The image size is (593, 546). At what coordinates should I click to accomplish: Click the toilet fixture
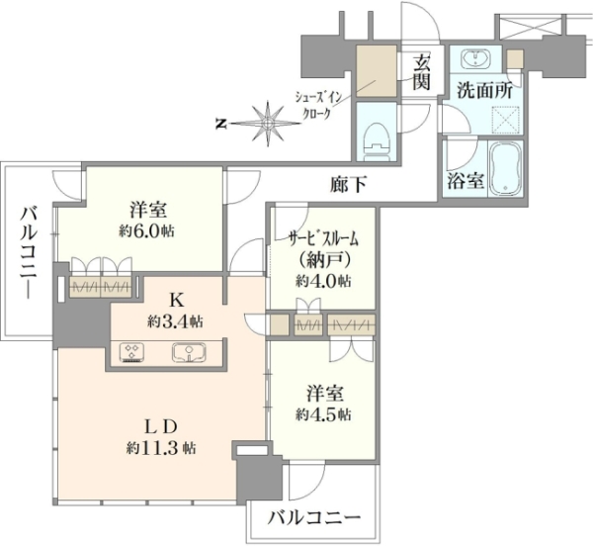pos(376,141)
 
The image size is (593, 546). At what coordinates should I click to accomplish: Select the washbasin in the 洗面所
pos(475,59)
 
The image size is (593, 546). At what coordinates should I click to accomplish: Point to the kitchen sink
pos(189,352)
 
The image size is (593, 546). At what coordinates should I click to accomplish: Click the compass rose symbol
pos(268,124)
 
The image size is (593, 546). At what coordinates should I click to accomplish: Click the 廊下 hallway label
pos(348,184)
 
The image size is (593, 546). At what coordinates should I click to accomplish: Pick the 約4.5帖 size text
pos(324,414)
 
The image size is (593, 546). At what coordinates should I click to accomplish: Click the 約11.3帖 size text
pos(161,448)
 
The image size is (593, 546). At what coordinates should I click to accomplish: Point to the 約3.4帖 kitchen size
pos(175,321)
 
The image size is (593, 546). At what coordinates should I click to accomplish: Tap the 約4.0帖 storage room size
pos(324,281)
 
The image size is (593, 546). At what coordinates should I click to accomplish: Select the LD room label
pos(161,427)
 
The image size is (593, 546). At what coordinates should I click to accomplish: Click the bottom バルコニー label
pos(314,517)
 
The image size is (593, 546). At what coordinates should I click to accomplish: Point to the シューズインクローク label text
pos(318,106)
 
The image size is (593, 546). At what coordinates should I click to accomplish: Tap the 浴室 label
pos(466,181)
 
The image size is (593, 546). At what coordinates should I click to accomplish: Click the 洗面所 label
pos(485,91)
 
